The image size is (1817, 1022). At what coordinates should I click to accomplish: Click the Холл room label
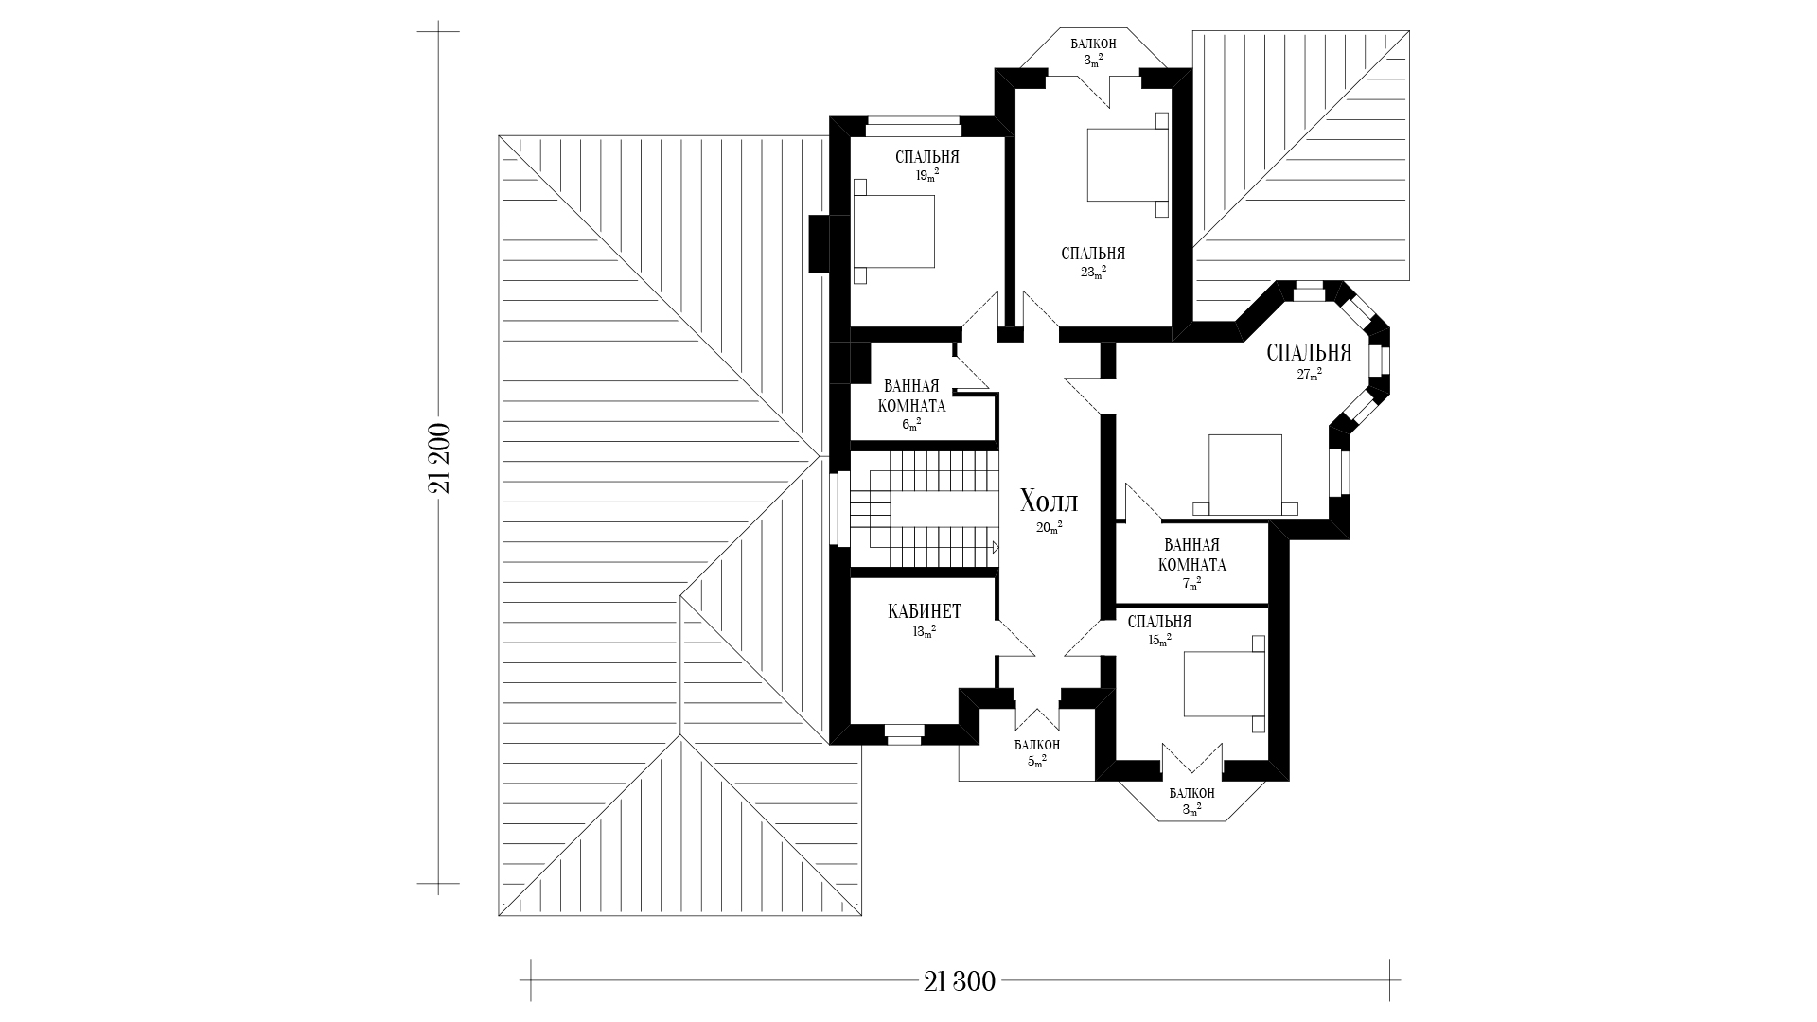click(1049, 502)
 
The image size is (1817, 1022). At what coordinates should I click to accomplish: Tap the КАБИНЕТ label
click(925, 611)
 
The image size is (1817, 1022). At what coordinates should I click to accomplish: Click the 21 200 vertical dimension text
click(438, 458)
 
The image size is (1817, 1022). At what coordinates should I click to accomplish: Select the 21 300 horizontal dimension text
click(960, 981)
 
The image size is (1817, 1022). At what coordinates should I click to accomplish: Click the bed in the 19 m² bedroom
click(894, 232)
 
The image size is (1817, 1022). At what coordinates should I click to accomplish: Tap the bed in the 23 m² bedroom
click(1127, 166)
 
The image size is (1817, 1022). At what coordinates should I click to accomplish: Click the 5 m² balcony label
click(1036, 751)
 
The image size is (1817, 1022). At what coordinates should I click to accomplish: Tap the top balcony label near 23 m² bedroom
click(1093, 51)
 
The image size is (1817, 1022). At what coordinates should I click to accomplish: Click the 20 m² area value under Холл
click(1049, 527)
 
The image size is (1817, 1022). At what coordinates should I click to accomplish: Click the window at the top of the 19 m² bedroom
click(914, 120)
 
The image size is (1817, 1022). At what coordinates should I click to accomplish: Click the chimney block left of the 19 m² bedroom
click(820, 244)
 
